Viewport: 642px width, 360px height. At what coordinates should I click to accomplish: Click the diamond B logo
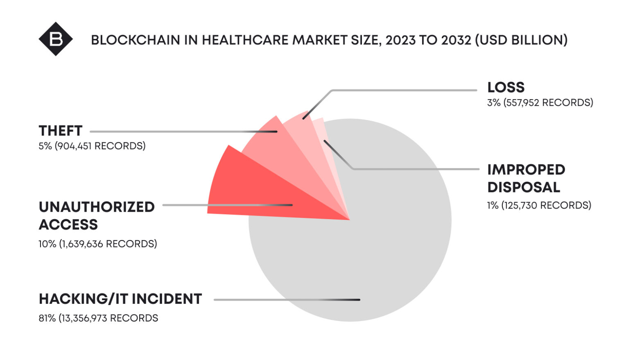point(56,39)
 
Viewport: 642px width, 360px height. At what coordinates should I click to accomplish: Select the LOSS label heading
point(506,87)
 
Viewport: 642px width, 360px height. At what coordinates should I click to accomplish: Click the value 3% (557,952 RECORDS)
point(540,102)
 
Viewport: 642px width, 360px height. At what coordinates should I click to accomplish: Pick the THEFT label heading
point(61,131)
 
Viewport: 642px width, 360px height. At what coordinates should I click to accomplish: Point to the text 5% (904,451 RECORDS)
point(92,146)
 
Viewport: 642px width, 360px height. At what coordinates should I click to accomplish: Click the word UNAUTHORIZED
point(97,207)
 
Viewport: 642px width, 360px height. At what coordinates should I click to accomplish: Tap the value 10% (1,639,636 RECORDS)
point(98,244)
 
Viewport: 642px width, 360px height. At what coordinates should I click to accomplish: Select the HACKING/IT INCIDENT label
point(120,299)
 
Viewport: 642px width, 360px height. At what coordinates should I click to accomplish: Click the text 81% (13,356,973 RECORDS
point(98,318)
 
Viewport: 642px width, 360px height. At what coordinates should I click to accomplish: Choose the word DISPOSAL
point(523,187)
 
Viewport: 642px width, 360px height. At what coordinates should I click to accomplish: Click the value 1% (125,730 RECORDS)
point(539,205)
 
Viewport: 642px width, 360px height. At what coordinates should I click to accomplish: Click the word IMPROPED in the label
point(526,170)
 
